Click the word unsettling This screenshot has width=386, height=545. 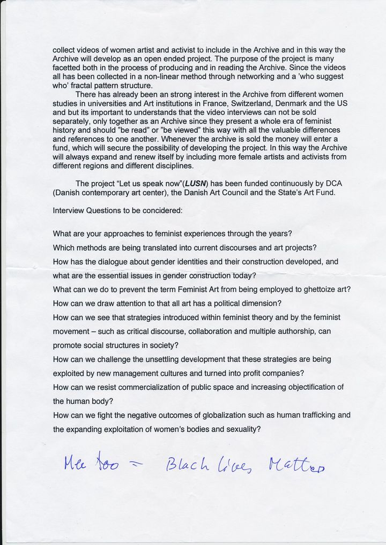point(166,359)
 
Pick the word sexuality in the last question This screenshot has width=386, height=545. point(241,429)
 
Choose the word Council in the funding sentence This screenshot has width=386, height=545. point(255,193)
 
